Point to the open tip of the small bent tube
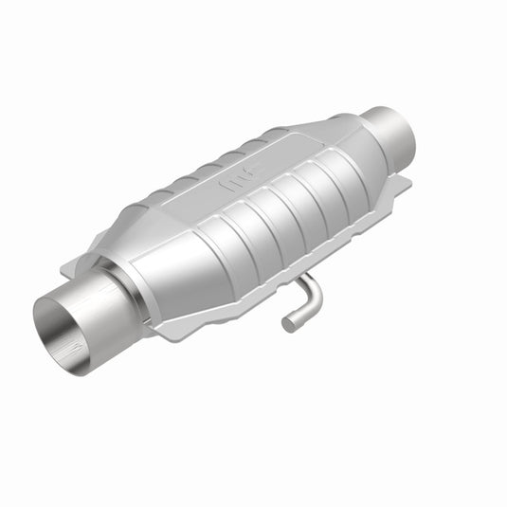[288, 324]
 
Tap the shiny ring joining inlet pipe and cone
[124, 284]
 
